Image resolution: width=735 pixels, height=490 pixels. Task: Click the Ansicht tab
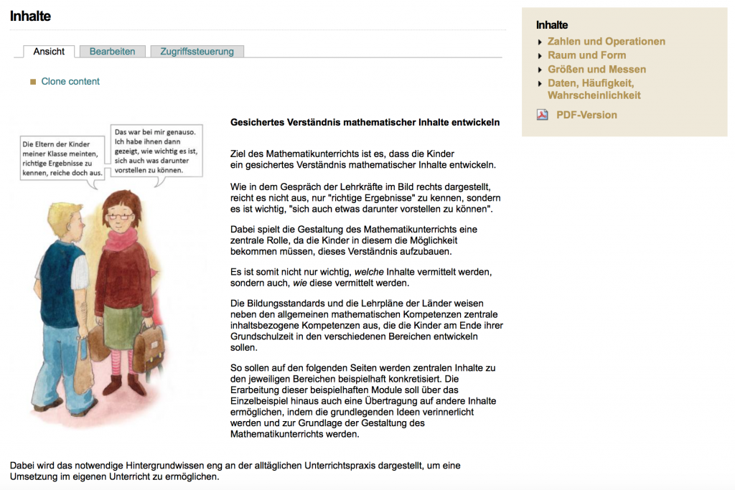coord(49,52)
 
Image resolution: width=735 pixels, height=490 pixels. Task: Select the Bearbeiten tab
coord(112,52)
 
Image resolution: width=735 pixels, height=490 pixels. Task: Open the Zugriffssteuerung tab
coord(197,52)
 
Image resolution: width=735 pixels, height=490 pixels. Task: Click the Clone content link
coord(70,82)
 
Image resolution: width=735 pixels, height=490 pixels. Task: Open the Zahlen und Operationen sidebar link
coord(606,42)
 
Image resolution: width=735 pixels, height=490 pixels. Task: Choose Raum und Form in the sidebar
coord(586,55)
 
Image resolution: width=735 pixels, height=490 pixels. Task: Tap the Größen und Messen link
coord(596,70)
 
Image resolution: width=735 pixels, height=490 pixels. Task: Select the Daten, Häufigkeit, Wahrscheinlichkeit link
coord(594,89)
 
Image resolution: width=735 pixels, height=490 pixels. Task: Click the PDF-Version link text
coord(586,115)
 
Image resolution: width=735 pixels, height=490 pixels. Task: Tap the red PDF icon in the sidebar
coord(543,115)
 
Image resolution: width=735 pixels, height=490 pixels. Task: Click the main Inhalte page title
coord(30,16)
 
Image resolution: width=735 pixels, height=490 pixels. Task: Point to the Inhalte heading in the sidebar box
coord(552,25)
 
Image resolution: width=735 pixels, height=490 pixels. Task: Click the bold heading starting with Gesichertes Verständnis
coord(365,123)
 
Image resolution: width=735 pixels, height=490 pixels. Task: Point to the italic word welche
coord(369,272)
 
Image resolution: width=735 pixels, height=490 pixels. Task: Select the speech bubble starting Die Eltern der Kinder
coord(62,159)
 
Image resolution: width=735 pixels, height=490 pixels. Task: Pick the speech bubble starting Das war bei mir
coord(156,151)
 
